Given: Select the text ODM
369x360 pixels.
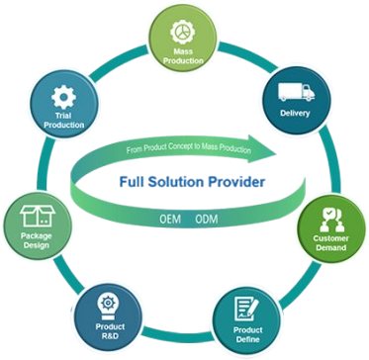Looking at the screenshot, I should tap(206, 217).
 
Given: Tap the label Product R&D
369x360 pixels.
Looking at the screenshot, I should tap(110, 332).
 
